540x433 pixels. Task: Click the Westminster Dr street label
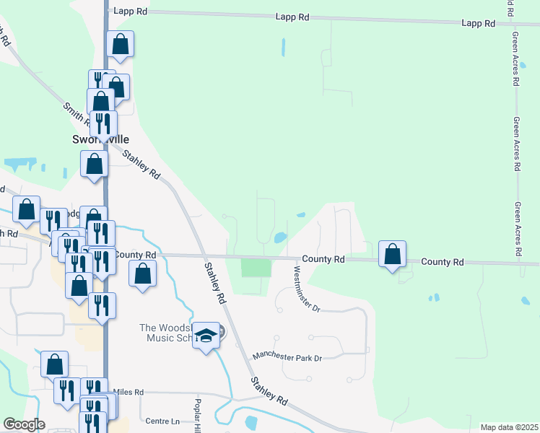tap(306, 289)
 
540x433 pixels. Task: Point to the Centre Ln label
tap(162, 421)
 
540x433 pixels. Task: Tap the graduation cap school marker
tap(206, 336)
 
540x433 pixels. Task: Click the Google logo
tap(24, 424)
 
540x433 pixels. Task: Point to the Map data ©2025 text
tap(509, 427)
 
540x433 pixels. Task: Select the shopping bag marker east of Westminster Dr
tap(392, 255)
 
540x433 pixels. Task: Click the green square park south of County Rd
tap(256, 268)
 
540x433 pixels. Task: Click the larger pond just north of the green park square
tap(279, 237)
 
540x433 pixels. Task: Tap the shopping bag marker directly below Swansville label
tap(94, 164)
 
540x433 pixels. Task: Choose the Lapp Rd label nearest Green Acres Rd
tap(479, 24)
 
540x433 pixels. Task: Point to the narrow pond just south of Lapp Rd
tap(282, 48)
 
